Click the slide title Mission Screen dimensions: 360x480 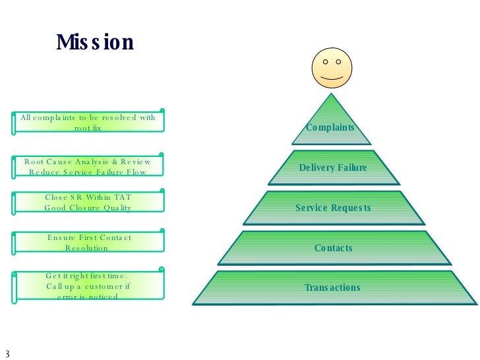95,43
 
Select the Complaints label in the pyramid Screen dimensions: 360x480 330,127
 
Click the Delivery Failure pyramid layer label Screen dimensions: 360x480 333,167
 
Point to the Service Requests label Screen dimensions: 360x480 333,208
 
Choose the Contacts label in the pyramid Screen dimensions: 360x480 333,248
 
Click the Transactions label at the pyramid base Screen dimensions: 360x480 332,287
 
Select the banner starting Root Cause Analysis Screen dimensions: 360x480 88,166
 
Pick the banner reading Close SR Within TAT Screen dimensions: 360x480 88,202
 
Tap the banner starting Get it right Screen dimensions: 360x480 88,286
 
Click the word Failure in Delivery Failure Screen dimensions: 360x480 352,167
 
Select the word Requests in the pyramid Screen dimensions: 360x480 351,208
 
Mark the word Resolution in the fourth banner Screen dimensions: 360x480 86,248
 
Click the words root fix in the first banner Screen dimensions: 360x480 88,127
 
